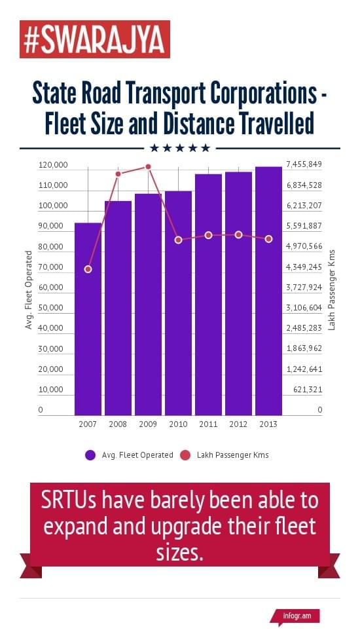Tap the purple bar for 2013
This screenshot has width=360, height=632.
click(x=268, y=291)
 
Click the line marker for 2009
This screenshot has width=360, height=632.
click(x=148, y=167)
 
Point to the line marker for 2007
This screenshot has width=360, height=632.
click(x=88, y=269)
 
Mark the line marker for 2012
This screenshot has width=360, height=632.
click(x=238, y=234)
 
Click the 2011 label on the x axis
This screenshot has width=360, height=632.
click(x=208, y=424)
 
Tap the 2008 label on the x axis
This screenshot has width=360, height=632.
click(x=118, y=424)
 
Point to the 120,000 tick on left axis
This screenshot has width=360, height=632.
click(x=53, y=165)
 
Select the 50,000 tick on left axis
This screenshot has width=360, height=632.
click(x=53, y=308)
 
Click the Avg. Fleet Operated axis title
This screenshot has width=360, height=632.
click(x=29, y=289)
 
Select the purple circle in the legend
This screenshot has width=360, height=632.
click(x=90, y=455)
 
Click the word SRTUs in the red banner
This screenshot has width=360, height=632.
click(x=69, y=501)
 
